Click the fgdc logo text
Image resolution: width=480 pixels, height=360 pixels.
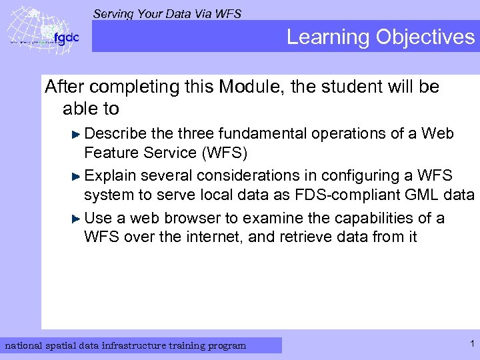click(x=66, y=38)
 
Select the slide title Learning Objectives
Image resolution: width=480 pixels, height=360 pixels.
click(x=380, y=37)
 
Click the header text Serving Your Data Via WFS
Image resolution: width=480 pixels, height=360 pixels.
click(x=167, y=13)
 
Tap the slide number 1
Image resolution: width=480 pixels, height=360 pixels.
click(x=471, y=344)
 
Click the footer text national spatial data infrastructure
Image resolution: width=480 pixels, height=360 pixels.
click(x=125, y=345)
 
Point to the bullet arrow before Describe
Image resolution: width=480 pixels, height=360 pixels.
click(x=77, y=133)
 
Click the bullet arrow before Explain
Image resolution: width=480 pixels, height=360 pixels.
click(x=77, y=176)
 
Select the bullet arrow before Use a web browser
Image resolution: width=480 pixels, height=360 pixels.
click(x=77, y=219)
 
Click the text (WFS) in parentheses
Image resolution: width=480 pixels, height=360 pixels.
click(x=223, y=153)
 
